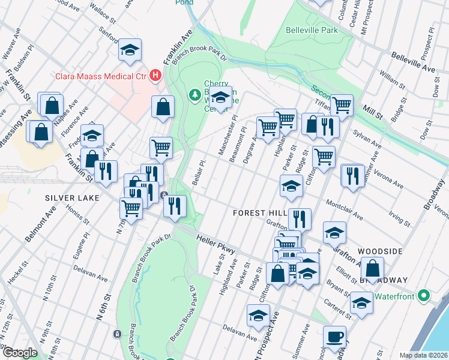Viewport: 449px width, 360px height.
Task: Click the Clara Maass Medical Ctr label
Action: tap(101, 76)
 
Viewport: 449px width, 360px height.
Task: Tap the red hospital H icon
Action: tap(156, 75)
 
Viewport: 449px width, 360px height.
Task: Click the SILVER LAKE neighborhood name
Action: tap(67, 197)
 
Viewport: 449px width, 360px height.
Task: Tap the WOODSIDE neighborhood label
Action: tap(379, 251)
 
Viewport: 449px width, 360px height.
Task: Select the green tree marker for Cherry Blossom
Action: tap(194, 94)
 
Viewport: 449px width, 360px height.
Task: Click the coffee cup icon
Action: tap(334, 336)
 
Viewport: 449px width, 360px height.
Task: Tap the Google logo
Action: tap(19, 353)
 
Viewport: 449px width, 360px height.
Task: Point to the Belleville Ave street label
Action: tap(413, 62)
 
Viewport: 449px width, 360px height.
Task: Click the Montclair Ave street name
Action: tap(344, 209)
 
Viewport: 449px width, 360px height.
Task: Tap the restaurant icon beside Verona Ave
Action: tap(352, 175)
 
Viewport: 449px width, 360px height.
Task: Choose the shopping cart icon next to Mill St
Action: tap(342, 105)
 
